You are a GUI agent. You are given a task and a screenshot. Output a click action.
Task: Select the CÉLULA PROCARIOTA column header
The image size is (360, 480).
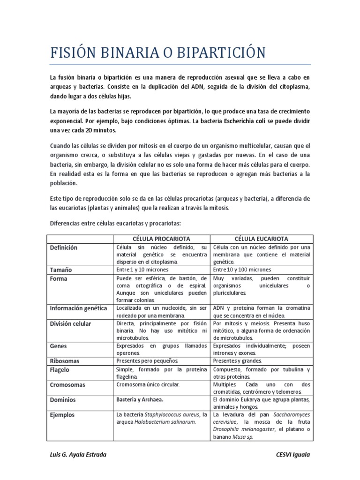(x=162, y=239)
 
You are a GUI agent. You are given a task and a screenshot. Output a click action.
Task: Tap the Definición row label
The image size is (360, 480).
(x=64, y=247)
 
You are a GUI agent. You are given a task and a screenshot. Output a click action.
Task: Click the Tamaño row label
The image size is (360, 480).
(x=61, y=270)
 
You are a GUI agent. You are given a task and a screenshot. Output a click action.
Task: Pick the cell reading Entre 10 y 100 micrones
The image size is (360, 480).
(x=242, y=270)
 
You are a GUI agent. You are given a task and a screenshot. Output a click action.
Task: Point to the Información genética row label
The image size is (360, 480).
(x=79, y=308)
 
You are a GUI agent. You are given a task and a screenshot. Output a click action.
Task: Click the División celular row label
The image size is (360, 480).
(x=71, y=323)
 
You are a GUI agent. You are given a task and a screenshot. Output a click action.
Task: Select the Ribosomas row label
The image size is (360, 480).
(x=65, y=361)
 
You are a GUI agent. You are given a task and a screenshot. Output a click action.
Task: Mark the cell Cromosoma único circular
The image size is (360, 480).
(x=148, y=384)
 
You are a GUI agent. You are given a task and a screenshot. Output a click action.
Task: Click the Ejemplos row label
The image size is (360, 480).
(x=62, y=415)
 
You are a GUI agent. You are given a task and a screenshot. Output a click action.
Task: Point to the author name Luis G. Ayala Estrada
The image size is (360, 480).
(x=78, y=455)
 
